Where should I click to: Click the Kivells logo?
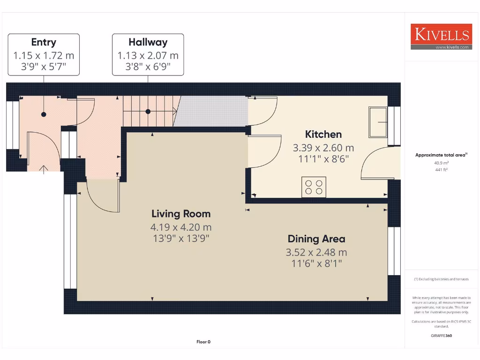[x=440, y=37]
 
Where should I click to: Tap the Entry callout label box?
[x=44, y=55]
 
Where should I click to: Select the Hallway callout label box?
[x=148, y=55]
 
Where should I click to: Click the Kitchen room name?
[x=323, y=135]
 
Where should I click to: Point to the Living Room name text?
[x=181, y=214]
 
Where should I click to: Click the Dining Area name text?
[x=316, y=239]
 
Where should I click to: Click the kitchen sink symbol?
[x=378, y=122]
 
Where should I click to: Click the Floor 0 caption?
[x=203, y=342]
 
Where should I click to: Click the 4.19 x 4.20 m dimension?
[x=181, y=227]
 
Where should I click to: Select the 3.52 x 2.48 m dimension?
[x=316, y=253]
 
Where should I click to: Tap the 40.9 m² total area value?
[x=441, y=163]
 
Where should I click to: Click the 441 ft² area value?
[x=441, y=170]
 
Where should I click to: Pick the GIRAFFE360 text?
[x=441, y=336]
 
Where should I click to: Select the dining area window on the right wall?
[x=394, y=251]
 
